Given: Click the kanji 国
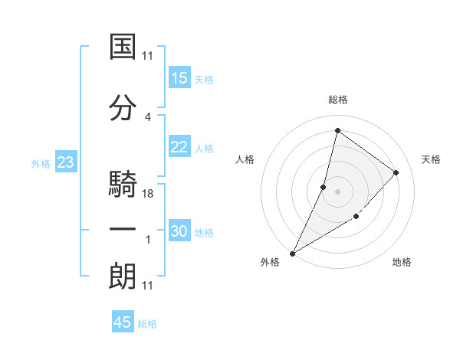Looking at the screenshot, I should pos(123,47).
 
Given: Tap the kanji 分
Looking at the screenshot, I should pos(123,108).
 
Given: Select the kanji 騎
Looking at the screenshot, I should pos(123,185).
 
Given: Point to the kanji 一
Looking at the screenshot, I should pos(123,231).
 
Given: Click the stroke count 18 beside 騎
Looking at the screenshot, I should pos(149,194).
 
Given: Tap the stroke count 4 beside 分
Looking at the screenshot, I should pos(148,116).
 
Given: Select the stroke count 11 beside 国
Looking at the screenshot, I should pos(148,56).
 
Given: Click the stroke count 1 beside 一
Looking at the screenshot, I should pos(148,240).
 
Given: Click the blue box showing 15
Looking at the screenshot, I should pos(179,78).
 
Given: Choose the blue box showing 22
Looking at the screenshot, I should pos(179,148).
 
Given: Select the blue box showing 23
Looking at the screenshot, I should pos(65,162).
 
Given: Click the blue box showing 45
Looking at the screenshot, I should pos(123,322).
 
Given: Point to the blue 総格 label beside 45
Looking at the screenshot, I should pos(147,324).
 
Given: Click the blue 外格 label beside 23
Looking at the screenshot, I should pos(40,164).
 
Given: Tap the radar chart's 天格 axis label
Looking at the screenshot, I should pos(431,159).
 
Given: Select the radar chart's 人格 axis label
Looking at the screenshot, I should pos(245,159).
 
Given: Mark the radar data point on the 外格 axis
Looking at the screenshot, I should pos(292,253).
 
